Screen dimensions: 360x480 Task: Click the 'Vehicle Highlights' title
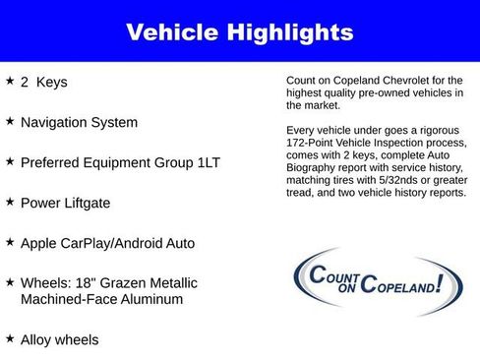point(239,32)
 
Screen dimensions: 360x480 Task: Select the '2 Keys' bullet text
point(44,83)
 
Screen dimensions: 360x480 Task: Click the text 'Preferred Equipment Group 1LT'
point(120,162)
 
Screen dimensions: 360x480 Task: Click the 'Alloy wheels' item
point(60,340)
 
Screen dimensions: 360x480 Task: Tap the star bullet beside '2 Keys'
point(10,82)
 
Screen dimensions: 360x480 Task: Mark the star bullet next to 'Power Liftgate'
point(10,202)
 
